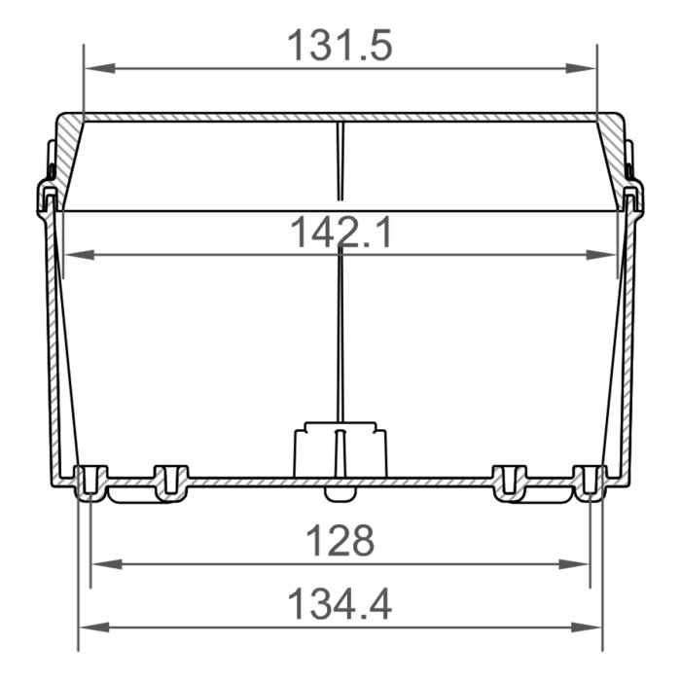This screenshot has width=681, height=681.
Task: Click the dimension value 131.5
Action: (x=340, y=46)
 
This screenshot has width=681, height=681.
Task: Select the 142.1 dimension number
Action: (x=340, y=233)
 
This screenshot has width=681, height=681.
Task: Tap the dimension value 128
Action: (x=340, y=541)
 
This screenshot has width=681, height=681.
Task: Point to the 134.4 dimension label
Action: (x=340, y=604)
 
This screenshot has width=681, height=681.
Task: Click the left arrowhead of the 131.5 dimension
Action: (x=95, y=68)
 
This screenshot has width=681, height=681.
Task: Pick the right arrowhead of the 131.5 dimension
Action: (x=585, y=68)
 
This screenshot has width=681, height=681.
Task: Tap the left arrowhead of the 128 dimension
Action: (x=102, y=563)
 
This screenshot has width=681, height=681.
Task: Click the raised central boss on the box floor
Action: (x=340, y=448)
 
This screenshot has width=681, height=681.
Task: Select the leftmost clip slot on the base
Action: (x=90, y=482)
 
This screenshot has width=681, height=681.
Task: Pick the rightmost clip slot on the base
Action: (x=590, y=482)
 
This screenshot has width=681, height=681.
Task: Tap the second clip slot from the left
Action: (x=169, y=482)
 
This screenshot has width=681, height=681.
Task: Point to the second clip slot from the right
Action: (x=510, y=482)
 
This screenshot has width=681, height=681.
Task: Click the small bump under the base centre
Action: (x=340, y=493)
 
